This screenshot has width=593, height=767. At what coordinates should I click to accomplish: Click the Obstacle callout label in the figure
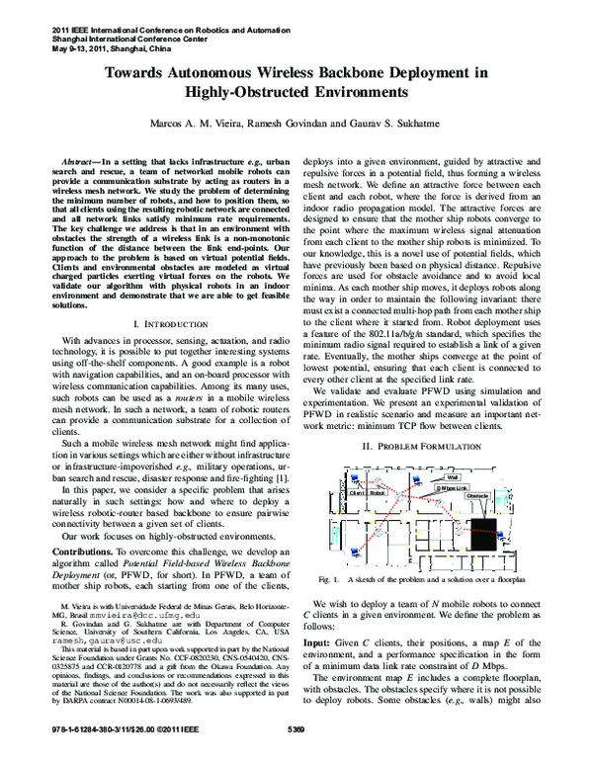[x=477, y=494]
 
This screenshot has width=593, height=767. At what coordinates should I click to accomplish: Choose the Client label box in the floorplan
[x=357, y=492]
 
